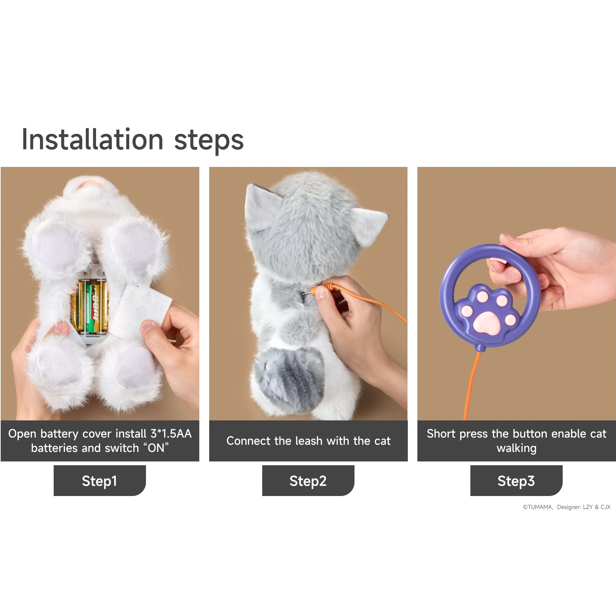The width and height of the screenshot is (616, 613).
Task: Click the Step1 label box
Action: [99, 480]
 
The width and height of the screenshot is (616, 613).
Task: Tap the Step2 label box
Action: [308, 480]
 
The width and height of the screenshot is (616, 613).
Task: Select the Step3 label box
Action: [516, 480]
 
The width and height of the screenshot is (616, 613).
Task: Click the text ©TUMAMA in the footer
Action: [537, 507]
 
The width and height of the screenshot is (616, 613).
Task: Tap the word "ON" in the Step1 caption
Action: [156, 447]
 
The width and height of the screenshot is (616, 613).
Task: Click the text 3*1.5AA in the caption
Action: [171, 433]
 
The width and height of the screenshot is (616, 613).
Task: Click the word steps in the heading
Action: [209, 141]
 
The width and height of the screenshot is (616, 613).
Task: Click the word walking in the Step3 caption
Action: [516, 448]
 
